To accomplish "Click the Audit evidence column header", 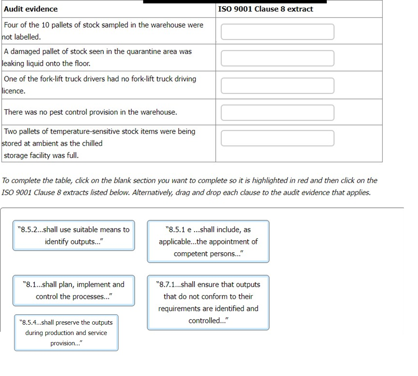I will click(31, 9).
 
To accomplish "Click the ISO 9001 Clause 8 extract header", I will click(266, 9).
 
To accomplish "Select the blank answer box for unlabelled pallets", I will click(277, 31).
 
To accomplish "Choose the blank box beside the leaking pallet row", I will click(277, 58).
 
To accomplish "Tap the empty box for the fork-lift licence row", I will click(277, 85).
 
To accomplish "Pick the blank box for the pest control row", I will click(277, 112).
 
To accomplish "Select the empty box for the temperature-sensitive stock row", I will click(277, 138).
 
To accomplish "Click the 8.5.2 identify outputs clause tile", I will click(74, 235).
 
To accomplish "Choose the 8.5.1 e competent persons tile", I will click(208, 241).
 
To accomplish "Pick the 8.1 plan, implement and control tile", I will click(74, 290).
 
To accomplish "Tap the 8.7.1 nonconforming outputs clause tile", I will click(208, 302).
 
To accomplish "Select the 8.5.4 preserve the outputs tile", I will click(66, 333).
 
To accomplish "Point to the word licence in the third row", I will click(14, 91).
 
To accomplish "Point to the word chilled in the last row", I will click(92, 143).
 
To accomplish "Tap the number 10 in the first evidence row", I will click(45, 25).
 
